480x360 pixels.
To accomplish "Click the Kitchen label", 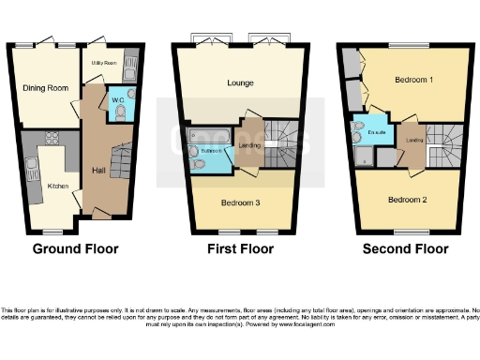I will pyautogui.click(x=58, y=187).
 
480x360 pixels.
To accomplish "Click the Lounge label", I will pyautogui.click(x=240, y=82).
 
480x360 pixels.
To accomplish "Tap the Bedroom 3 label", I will pyautogui.click(x=240, y=202).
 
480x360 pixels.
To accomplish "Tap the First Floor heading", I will pyautogui.click(x=240, y=249).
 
